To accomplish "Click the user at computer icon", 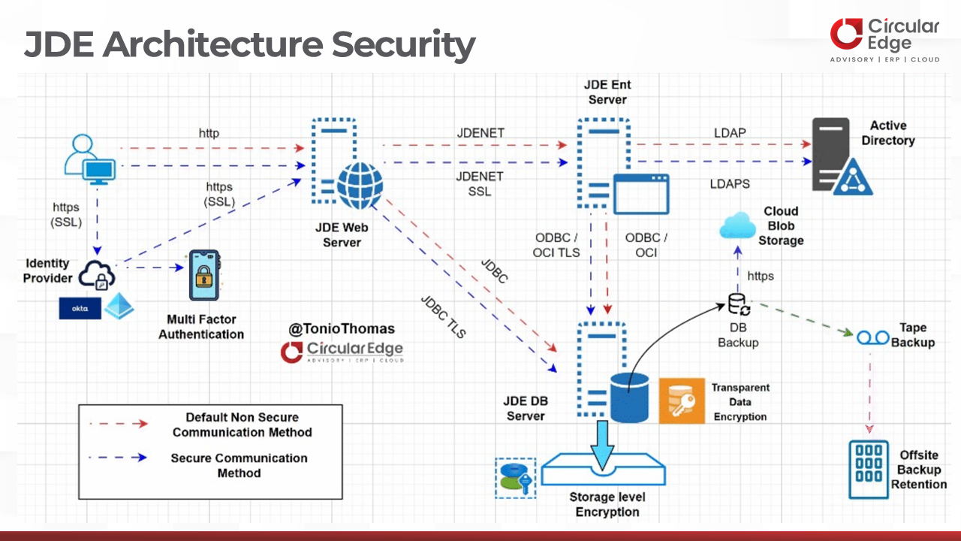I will click(89, 159).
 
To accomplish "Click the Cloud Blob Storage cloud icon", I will click(739, 225).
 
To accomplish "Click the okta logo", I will click(80, 308).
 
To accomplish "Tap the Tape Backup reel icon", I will click(872, 337).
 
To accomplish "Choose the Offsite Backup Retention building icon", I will click(869, 470).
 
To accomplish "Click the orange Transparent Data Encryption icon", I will click(682, 400).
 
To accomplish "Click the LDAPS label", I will click(730, 183).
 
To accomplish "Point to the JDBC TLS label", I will click(444, 318).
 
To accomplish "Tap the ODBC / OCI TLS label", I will click(556, 245).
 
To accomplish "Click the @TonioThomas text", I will click(342, 328).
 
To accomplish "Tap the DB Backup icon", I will click(739, 304).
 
